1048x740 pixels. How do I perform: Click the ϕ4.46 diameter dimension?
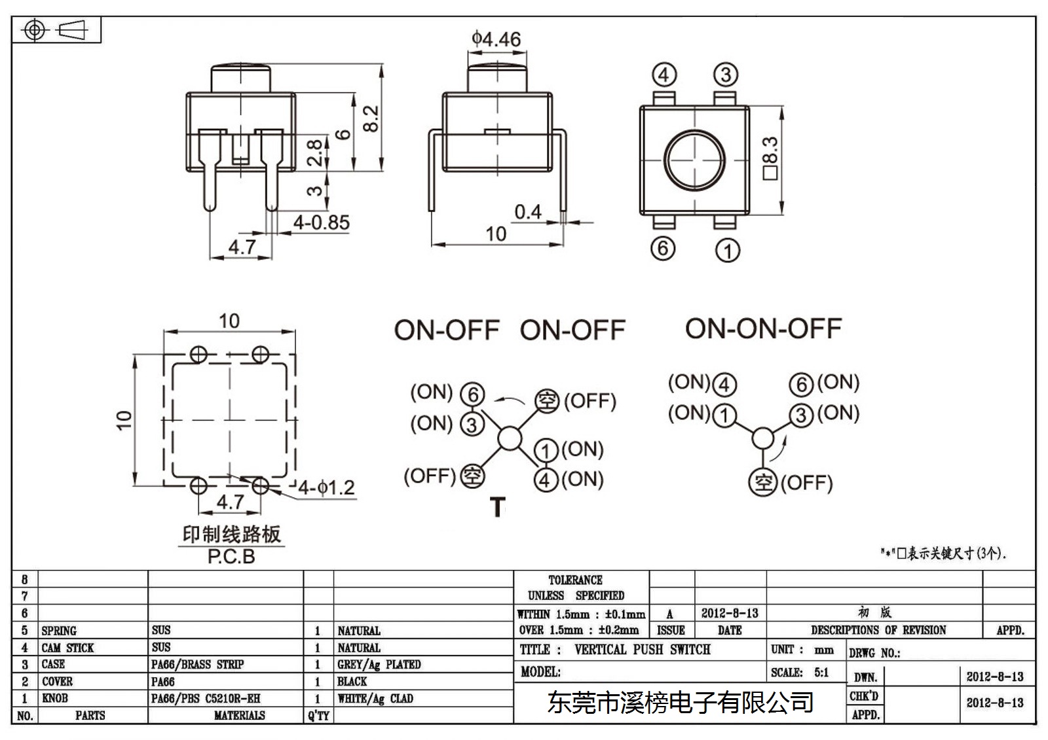point(496,39)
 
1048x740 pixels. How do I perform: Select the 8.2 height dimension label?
point(371,118)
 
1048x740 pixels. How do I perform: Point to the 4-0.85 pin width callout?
point(322,222)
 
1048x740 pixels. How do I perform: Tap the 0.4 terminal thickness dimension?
point(528,212)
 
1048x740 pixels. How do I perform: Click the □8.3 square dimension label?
point(770,158)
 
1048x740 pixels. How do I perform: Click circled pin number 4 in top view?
point(664,75)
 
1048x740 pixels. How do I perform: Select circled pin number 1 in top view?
point(728,251)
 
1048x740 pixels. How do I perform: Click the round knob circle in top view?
point(694,160)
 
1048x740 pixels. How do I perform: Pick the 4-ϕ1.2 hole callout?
point(327,487)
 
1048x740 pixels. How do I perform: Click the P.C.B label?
point(231,556)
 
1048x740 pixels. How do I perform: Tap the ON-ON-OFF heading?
point(763,328)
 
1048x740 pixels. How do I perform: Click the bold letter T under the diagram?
point(498,506)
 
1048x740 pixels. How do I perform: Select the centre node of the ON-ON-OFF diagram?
point(762,438)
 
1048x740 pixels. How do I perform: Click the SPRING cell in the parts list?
point(58,631)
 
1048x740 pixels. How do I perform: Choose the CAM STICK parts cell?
point(67,648)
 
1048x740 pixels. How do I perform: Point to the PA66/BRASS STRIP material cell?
point(197,664)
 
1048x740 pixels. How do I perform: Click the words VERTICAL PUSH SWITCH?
point(643,649)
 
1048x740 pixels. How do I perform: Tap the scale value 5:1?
point(821,672)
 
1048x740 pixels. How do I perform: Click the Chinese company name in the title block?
point(681,702)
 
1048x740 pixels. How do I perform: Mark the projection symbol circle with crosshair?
point(34,30)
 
